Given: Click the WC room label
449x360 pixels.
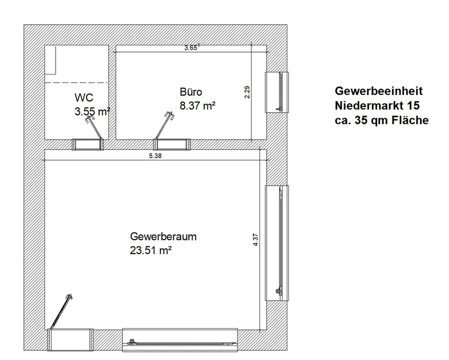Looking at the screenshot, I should tap(84, 97).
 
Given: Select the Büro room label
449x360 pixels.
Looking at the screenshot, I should tap(191, 92).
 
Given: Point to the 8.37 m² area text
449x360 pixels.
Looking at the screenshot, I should tap(198, 106).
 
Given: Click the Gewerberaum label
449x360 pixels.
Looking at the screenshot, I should tap(163, 237).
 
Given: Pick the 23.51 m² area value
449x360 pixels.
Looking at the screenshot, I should tap(151, 250).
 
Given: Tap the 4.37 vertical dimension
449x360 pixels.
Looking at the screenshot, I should tap(255, 238).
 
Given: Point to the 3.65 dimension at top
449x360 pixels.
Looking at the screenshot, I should tap(192, 48).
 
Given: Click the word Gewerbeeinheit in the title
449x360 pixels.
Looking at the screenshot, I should tap(379, 91).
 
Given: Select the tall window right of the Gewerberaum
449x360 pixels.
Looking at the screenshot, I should tap(277, 243).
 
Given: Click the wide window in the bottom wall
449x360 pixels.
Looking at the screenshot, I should tap(180, 340).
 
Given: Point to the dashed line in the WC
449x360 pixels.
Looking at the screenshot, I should tap(76, 83).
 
